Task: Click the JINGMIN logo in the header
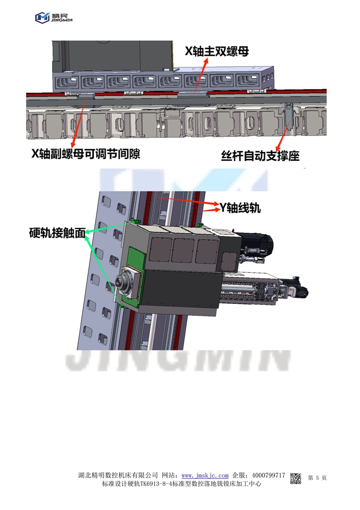tap(54, 18)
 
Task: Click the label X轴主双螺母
tap(217, 51)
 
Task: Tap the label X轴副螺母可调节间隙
tap(85, 153)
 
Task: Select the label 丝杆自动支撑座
tap(260, 156)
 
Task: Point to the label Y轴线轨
tap(240, 208)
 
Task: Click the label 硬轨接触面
tap(57, 233)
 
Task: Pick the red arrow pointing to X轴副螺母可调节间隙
tap(80, 121)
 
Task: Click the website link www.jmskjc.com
tap(205, 475)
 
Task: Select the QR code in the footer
tap(296, 478)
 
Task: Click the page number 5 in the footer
tap(317, 478)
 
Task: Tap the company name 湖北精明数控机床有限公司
tap(118, 475)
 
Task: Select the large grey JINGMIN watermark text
tap(178, 361)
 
